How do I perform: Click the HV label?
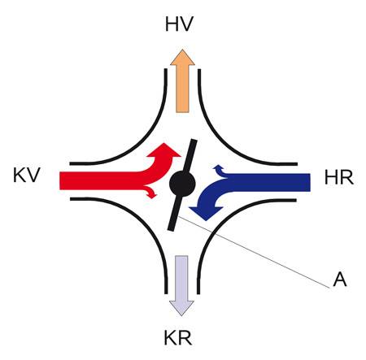coord(179,24)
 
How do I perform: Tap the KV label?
coord(27,175)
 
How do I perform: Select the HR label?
coord(339,178)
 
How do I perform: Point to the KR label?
coord(178,337)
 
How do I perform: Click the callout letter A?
coord(340,279)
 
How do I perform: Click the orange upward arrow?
coord(182,80)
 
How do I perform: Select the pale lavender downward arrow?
coord(181,285)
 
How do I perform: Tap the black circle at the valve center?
coord(182,184)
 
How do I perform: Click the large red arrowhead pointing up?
coord(163,150)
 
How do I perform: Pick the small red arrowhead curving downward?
coord(152,193)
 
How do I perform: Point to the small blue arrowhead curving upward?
coord(217,167)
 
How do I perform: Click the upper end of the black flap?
coord(194,141)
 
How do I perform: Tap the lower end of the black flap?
coord(171,229)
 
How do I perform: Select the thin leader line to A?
coord(253,251)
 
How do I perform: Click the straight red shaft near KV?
coord(99,180)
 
